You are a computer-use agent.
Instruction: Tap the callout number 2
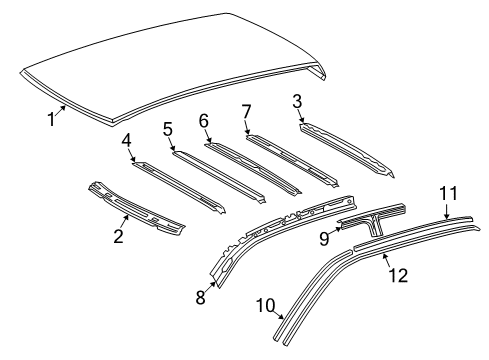(118, 236)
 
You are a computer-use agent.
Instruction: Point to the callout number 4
(127, 141)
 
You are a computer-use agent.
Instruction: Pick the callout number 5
(168, 128)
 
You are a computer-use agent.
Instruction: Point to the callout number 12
(398, 273)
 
